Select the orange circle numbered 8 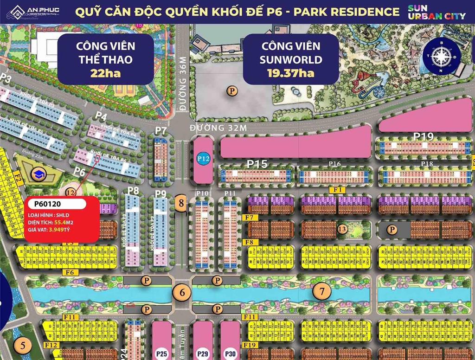[181, 203]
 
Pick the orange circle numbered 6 [181, 292]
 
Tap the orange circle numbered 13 [342, 229]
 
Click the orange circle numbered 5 [22, 345]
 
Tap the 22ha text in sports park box [106, 73]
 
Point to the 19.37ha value [290, 73]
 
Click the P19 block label [424, 136]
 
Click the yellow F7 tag [250, 218]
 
